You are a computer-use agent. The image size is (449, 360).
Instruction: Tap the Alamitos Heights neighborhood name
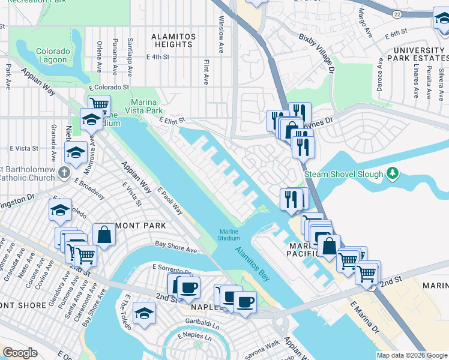click(x=173, y=41)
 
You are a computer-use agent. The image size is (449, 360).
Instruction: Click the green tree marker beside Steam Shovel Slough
click(x=393, y=174)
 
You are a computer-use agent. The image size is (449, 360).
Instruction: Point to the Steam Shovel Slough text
click(x=344, y=175)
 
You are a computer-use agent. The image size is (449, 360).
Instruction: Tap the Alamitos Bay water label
click(x=252, y=265)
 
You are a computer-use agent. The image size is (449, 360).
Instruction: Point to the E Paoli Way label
click(x=170, y=200)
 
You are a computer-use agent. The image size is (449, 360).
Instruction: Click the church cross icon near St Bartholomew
click(x=65, y=173)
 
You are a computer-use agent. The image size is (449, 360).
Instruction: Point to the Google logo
click(x=20, y=353)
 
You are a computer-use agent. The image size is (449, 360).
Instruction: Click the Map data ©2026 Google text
click(x=411, y=355)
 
